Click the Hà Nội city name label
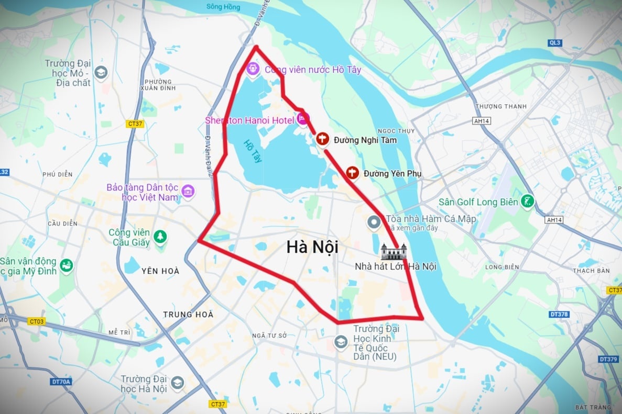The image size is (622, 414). tap(312, 247)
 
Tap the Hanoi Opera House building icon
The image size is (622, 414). tap(394, 252)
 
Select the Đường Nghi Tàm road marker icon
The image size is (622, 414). tap(323, 139)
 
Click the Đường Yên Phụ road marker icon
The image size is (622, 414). tap(353, 173)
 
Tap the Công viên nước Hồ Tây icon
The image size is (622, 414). tap(253, 69)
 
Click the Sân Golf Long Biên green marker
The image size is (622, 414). tap(527, 202)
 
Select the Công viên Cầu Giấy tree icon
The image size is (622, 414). tap(159, 238)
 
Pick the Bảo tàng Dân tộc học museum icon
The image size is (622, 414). tap(188, 192)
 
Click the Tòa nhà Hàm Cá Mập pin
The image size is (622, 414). tap(374, 222)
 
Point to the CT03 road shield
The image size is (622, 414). tap(36, 321)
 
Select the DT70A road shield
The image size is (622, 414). tap(61, 382)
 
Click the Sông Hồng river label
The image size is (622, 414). tap(223, 7)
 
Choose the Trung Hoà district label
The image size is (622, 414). tap(188, 315)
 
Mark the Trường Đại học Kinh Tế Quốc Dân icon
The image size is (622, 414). tap(341, 343)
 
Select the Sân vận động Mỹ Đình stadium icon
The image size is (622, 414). tap(67, 266)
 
